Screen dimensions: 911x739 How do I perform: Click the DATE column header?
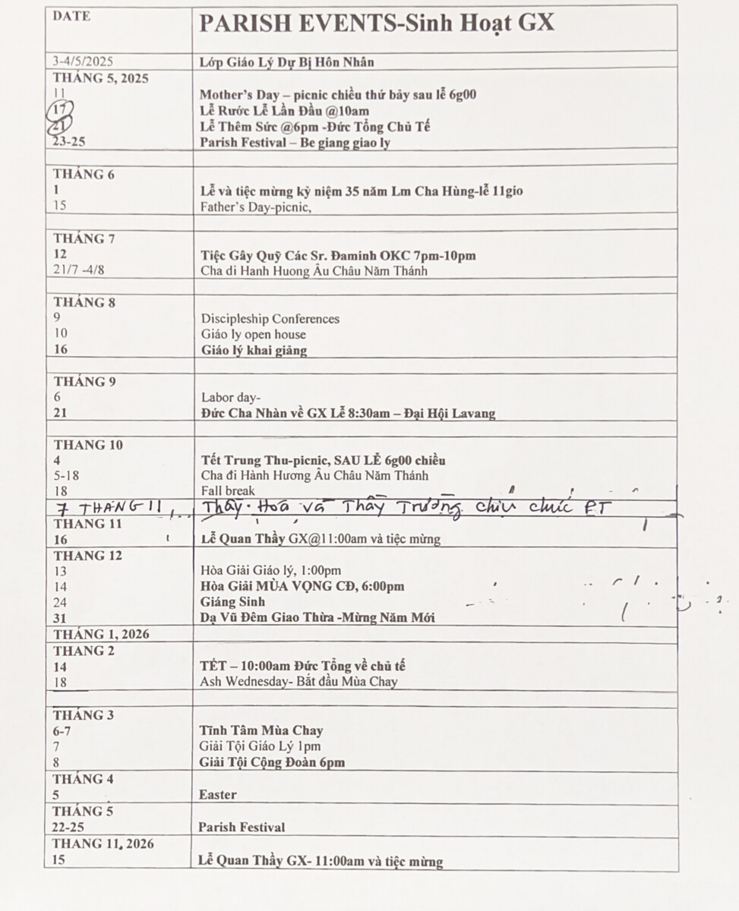(71, 16)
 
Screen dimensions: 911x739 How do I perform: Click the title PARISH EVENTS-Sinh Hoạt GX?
(377, 24)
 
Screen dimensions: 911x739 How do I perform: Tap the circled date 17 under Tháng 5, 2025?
(59, 110)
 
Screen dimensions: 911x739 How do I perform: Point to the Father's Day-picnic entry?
(256, 206)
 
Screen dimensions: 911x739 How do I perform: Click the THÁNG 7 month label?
(84, 238)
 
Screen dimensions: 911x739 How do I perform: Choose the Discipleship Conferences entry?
(270, 319)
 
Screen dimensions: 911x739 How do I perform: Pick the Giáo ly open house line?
(254, 335)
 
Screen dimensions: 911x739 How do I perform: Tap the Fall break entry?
(228, 491)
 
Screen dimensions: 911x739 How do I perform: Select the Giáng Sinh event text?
(232, 602)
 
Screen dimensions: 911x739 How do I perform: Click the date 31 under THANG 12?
(60, 618)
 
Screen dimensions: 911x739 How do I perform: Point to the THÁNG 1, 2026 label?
(101, 635)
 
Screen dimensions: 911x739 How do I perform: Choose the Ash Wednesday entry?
(298, 682)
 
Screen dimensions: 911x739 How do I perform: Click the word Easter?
(218, 795)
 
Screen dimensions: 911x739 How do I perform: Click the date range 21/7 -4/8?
(81, 270)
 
